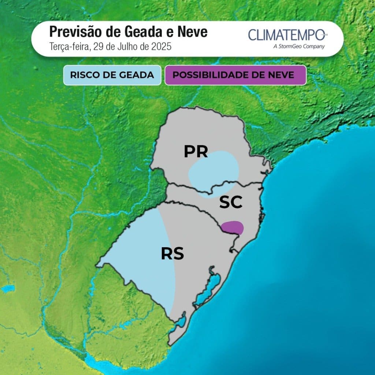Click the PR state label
(x=196, y=151)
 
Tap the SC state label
(x=231, y=202)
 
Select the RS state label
(x=172, y=253)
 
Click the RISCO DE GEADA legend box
(x=112, y=75)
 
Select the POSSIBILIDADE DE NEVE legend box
(x=235, y=75)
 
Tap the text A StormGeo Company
(x=299, y=46)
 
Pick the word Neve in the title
(x=192, y=32)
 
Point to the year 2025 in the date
(x=160, y=47)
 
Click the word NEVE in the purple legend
(x=281, y=75)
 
